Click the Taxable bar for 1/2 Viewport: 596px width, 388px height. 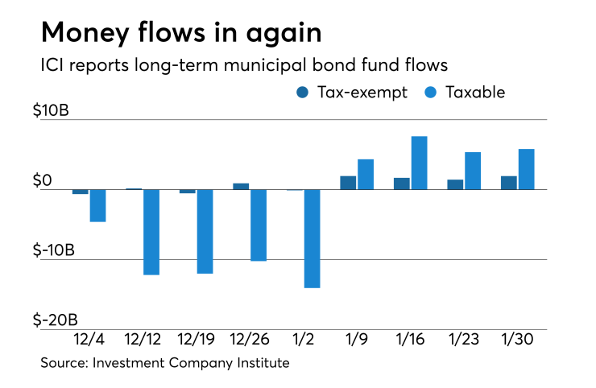[312, 238]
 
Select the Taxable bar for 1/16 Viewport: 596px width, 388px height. [419, 163]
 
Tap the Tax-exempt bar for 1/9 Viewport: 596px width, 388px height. [348, 183]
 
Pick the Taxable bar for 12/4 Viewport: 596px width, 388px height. [97, 205]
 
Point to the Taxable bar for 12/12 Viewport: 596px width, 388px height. [151, 232]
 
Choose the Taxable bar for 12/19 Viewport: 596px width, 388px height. [205, 231]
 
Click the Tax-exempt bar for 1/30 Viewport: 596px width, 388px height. [509, 183]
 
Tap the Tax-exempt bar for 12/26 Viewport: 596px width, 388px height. [241, 187]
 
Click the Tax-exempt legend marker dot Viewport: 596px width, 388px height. [301, 93]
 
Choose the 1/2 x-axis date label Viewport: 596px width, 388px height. [303, 340]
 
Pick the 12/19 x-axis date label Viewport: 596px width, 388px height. [196, 340]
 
